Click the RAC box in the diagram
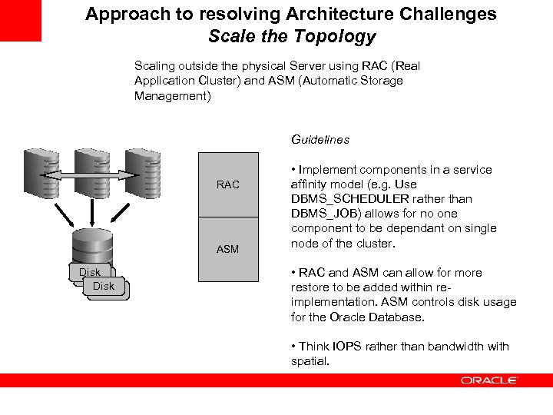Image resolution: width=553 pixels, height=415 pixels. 227,184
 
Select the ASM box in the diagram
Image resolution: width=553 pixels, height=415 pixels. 227,249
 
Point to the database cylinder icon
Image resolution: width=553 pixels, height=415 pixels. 92,246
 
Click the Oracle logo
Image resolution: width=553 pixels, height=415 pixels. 489,380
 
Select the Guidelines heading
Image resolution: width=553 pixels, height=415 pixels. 320,140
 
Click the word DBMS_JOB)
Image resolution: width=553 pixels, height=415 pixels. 320,214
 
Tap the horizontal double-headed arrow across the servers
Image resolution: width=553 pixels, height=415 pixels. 92,178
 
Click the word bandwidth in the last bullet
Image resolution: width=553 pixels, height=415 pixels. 449,347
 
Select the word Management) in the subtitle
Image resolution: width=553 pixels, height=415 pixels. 173,96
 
